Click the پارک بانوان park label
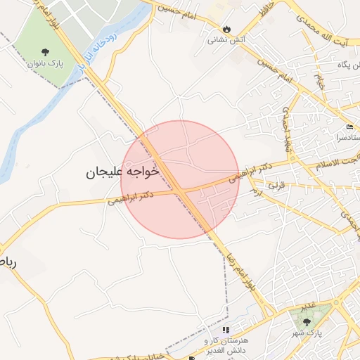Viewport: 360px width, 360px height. point(46,64)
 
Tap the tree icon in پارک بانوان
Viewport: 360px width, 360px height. point(46,52)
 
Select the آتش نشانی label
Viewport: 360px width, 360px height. point(225,40)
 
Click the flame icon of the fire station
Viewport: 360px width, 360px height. point(226,29)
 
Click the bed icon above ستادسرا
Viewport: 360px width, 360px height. point(350,127)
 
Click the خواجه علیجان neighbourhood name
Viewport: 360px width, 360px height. point(122,172)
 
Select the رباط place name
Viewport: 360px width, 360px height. point(6,262)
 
